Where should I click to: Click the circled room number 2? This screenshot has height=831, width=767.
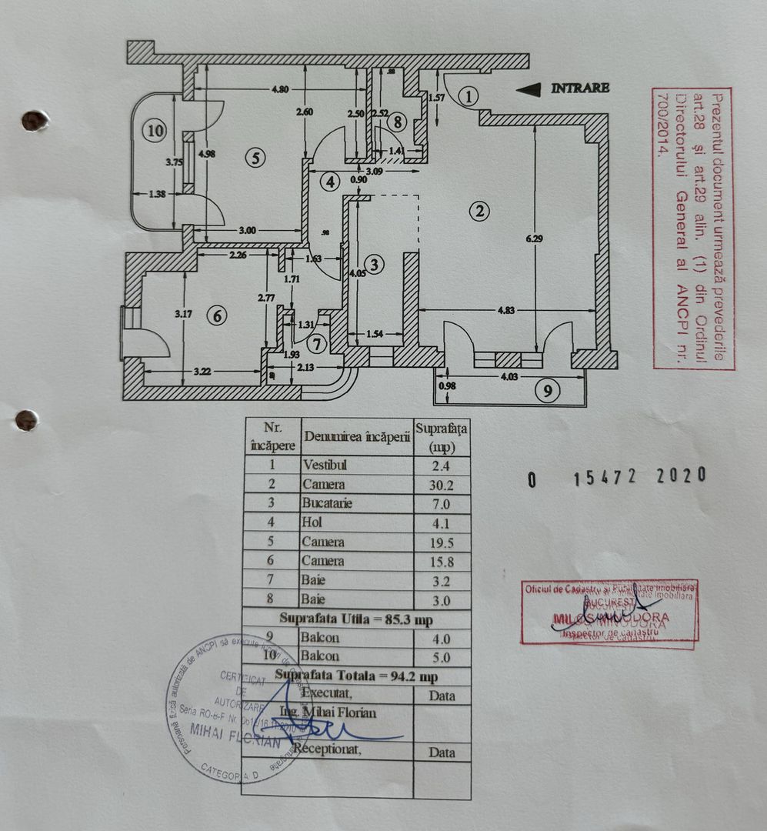[480, 210]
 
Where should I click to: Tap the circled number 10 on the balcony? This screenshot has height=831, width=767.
[155, 131]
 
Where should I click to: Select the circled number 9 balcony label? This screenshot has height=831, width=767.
[547, 391]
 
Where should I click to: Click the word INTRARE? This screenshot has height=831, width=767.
[580, 88]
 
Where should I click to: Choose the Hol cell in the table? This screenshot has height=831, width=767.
[313, 523]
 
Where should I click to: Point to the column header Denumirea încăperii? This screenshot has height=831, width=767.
[355, 436]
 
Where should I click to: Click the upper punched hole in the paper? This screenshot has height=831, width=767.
[33, 120]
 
